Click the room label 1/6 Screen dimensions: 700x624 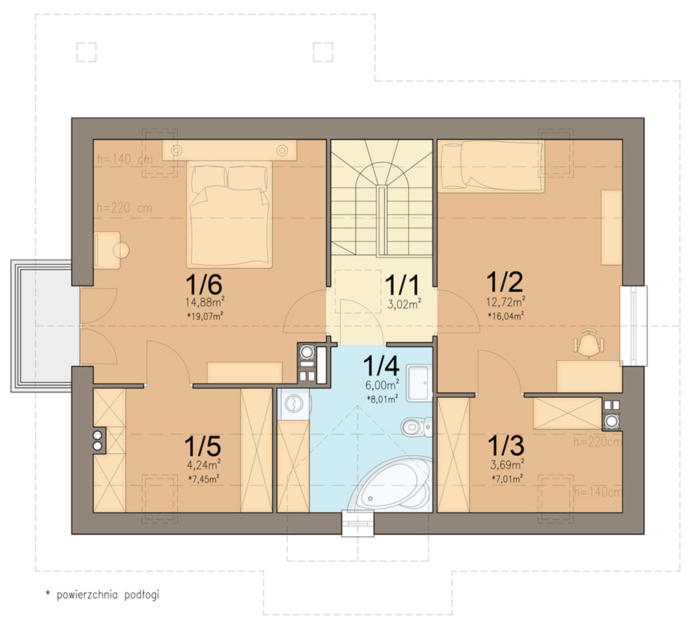pos(204,284)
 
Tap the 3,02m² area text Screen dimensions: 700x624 pos(405,305)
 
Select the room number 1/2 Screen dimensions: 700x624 pos(504,282)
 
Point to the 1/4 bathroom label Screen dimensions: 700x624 pos(381,366)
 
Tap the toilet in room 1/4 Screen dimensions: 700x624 pos(416,426)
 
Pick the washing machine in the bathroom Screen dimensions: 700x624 pos(293,404)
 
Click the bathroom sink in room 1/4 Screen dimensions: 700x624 pos(419,383)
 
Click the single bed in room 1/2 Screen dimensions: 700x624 pos(491,167)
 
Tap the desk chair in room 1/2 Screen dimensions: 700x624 pos(589,343)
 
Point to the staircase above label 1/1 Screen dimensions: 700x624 pos(381,198)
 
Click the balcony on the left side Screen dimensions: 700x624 pos(44,326)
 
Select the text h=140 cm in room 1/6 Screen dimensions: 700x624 pos(125,159)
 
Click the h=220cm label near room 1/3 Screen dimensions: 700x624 pos(597,442)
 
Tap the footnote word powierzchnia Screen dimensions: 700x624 pos(87,595)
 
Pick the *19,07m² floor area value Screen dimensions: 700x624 pos(205,316)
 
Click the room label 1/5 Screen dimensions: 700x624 pos(202,446)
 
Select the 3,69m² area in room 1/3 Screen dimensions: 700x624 pos(507,465)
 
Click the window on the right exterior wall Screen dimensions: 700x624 pos(634,326)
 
